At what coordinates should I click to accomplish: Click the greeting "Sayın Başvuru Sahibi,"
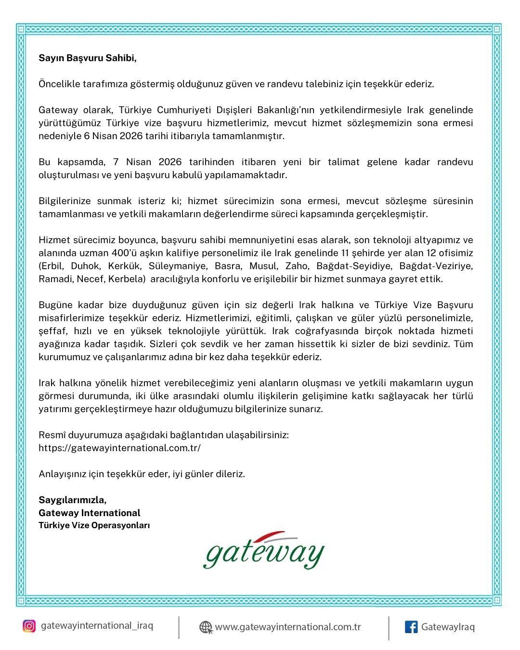88,58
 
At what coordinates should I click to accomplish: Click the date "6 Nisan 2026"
113,136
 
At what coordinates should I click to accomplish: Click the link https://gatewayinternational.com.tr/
119,448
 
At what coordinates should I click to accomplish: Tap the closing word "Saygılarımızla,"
73,500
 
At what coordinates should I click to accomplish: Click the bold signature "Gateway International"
90,513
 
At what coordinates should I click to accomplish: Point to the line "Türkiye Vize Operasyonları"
94,525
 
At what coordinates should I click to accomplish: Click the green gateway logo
263,551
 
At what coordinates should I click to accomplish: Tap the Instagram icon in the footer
29,626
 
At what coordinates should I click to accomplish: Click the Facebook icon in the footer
411,627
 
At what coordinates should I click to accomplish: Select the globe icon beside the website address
206,627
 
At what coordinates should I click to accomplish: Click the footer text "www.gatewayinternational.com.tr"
287,627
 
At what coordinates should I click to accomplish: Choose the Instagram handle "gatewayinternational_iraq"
97,626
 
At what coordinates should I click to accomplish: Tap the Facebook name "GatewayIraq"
448,627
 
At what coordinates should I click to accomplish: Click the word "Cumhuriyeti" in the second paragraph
184,110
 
